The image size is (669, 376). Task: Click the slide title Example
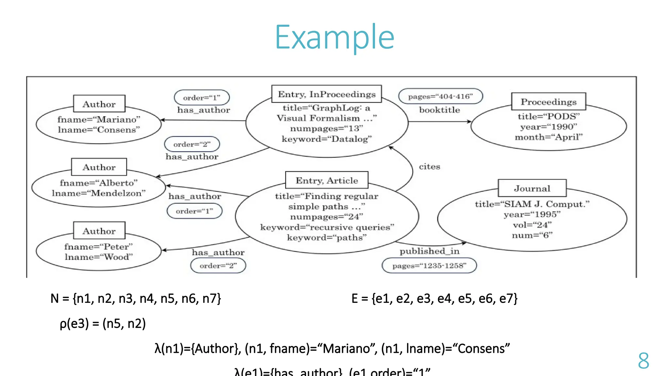point(334,38)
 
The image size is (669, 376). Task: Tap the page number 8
point(643,361)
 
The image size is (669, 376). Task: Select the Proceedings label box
point(548,102)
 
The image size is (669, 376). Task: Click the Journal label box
point(532,188)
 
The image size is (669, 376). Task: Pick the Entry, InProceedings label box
point(327,94)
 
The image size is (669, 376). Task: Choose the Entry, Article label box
point(327,180)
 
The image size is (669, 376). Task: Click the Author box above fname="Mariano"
point(99,104)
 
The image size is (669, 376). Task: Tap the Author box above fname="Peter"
point(99,231)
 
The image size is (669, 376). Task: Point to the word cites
point(429,166)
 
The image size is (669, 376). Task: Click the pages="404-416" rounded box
point(440,96)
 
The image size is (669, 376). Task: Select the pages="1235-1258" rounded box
point(429,266)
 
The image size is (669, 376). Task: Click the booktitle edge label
point(439,110)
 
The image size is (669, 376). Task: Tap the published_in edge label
point(429,251)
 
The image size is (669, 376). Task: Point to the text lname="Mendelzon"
point(99,193)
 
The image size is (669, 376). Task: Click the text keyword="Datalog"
point(327,139)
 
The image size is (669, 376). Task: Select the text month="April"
point(548,137)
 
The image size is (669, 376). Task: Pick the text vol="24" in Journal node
point(532,225)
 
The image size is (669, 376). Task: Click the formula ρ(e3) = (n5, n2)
point(103,323)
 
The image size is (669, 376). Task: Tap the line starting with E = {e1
point(434,298)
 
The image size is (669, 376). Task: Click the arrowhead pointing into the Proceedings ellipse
point(469,122)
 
